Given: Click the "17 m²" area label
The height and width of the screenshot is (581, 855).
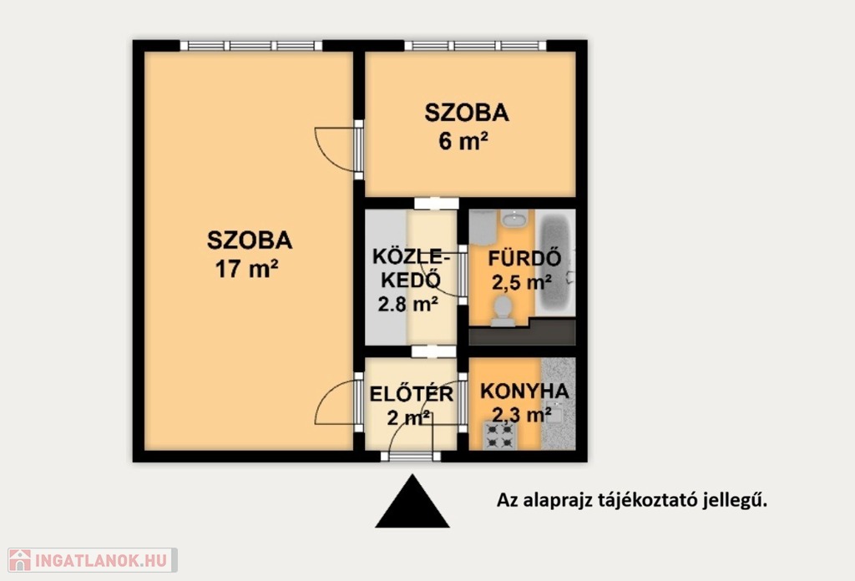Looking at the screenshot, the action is click(247, 269).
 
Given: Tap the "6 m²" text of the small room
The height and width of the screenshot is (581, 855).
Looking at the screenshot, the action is click(463, 141).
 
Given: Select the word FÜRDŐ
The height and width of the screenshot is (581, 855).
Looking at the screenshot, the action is click(524, 258).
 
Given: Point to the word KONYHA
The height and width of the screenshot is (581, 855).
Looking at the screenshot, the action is click(524, 391).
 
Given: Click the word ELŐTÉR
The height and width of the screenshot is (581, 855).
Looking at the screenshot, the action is click(411, 393).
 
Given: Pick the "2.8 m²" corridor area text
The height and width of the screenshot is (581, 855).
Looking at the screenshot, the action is click(407, 304).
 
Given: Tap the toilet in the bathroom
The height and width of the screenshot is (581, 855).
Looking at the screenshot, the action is click(502, 311).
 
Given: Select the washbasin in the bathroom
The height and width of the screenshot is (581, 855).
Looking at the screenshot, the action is click(514, 219).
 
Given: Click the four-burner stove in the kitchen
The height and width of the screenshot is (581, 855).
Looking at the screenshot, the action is click(500, 436).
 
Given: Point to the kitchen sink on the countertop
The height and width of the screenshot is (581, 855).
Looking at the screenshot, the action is click(555, 413).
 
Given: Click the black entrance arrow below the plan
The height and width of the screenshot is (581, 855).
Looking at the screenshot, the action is click(412, 502).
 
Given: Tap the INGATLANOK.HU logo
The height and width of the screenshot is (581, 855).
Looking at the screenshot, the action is click(92, 560).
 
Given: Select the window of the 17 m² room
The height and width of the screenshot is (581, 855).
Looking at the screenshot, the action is click(250, 45).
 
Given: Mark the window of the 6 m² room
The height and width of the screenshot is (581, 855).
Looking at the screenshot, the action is click(475, 45).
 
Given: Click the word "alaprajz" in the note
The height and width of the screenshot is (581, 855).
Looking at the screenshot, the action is click(557, 500).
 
